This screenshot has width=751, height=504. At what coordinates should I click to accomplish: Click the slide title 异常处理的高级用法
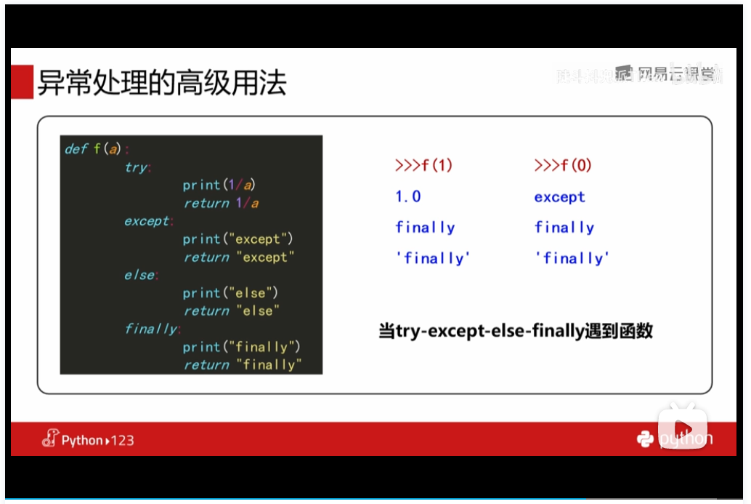click(162, 83)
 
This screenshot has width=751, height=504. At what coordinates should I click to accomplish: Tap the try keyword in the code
click(137, 167)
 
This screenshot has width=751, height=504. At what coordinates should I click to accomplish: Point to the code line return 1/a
click(221, 203)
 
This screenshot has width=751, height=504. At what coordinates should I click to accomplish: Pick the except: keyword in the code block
click(147, 221)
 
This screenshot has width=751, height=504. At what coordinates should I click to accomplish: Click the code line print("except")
click(238, 239)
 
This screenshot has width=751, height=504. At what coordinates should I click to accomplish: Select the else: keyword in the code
click(139, 275)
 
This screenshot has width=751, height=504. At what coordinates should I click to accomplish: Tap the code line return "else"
click(231, 311)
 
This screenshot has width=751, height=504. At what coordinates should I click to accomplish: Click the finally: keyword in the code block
click(152, 329)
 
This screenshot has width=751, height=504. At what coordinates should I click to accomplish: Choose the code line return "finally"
click(242, 364)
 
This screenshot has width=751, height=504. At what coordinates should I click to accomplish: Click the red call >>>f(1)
click(423, 165)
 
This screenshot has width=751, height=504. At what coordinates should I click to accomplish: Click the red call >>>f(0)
click(563, 165)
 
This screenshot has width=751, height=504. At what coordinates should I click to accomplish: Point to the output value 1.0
click(408, 196)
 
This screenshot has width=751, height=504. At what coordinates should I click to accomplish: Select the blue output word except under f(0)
click(559, 196)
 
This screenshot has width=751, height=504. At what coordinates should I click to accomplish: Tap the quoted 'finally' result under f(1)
click(433, 258)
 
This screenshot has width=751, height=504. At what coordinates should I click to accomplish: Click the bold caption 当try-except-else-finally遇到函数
click(516, 332)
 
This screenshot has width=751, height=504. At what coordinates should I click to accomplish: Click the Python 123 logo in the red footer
click(88, 439)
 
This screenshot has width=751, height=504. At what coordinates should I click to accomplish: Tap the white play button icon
click(682, 427)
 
